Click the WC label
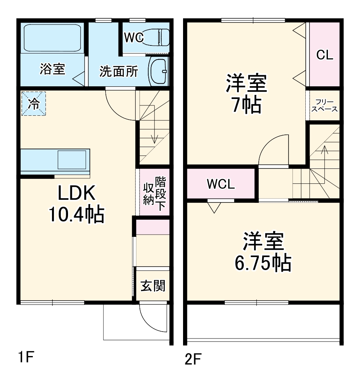point(133,37)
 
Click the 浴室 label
point(52,69)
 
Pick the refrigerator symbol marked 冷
point(34,104)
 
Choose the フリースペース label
point(324,105)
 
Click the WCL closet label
point(221,184)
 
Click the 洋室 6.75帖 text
point(263,252)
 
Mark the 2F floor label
point(193,359)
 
